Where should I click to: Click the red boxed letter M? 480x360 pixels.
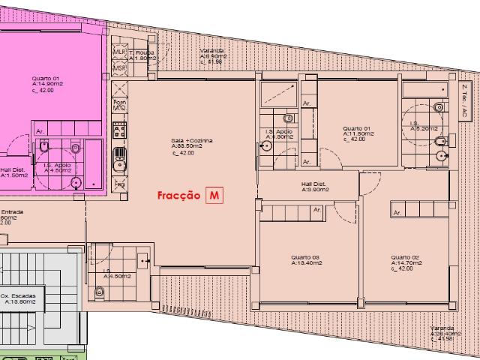216,195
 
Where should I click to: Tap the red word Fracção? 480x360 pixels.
178,196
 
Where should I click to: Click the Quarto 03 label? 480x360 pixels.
306,259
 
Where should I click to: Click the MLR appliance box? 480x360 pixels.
119,51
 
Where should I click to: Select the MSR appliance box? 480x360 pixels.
119,68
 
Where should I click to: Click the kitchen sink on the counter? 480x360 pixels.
118,158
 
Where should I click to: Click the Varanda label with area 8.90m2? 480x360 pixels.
213,55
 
